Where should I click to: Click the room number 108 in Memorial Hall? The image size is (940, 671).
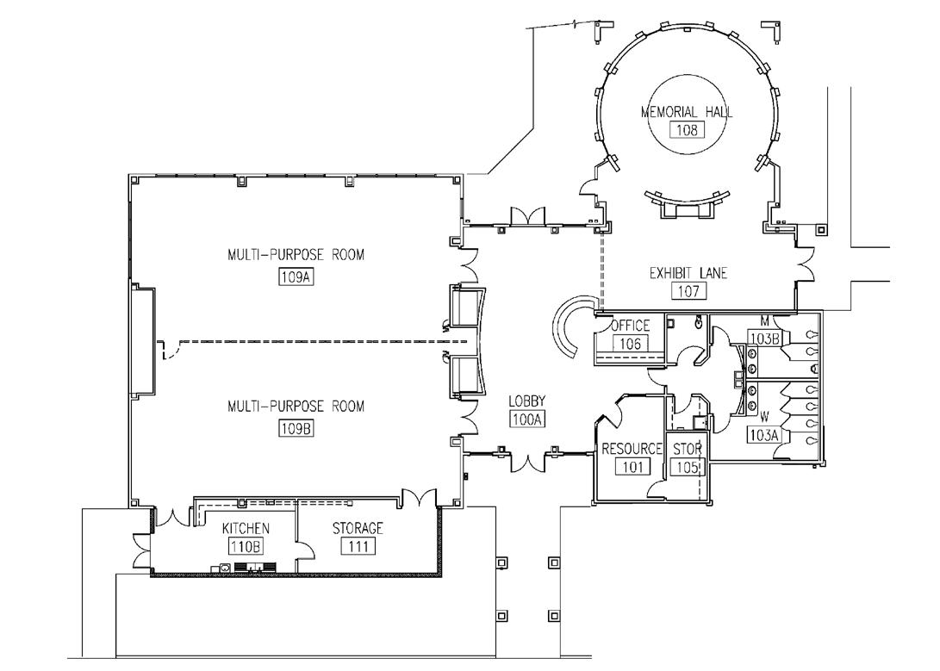pos(687,129)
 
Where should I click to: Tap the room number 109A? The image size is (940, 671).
pos(297,276)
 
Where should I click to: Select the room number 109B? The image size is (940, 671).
pos(297,428)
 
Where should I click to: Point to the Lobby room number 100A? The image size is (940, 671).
pos(527,419)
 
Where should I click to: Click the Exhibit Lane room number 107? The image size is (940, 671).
pos(688,291)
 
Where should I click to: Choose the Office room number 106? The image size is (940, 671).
pos(630,344)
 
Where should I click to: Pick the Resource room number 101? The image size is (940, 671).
pos(633,466)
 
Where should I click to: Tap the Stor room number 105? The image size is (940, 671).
pos(688,467)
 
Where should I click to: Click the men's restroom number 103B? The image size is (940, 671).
pos(764,339)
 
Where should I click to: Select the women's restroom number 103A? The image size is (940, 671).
pos(763,435)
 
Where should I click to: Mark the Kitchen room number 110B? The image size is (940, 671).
pos(246,546)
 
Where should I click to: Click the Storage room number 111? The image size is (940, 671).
pos(358,546)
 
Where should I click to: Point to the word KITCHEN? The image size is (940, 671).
pos(246,528)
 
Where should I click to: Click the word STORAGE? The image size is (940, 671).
pos(358,528)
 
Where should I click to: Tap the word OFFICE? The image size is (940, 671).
pos(630,326)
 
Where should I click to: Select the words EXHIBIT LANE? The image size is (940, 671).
pos(688,274)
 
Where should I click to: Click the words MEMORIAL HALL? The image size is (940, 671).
pos(687,112)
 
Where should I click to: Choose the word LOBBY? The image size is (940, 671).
pos(527,401)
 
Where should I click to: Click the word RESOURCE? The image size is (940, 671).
pos(632,449)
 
